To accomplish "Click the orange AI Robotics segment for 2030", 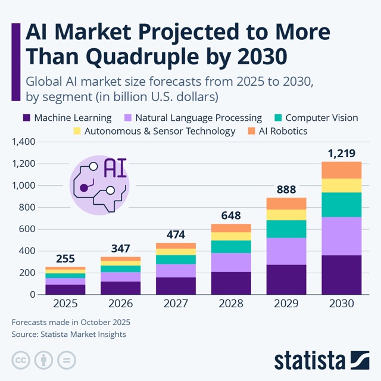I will [x=342, y=170].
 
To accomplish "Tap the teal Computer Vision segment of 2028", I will [x=232, y=246].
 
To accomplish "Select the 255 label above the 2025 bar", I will [x=65, y=259].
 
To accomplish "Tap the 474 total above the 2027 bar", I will [x=176, y=235].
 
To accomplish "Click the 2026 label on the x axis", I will [x=121, y=303].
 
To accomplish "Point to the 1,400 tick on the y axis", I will [x=24, y=142].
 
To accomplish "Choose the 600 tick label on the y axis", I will [x=27, y=229].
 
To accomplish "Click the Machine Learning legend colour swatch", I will [x=26, y=118].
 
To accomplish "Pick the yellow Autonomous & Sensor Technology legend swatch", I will [x=77, y=131].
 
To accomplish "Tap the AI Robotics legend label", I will [x=284, y=131].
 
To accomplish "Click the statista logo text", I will [x=310, y=361].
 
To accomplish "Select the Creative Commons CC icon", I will [x=21, y=360].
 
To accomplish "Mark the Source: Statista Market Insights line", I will [x=69, y=335].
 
